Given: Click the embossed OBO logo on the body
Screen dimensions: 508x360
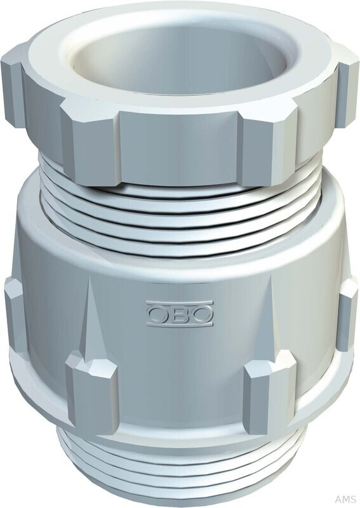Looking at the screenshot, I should tap(180, 313).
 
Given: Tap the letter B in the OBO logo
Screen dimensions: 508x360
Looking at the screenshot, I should tap(180, 313).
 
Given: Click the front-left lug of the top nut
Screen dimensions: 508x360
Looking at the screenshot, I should tap(92, 143).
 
